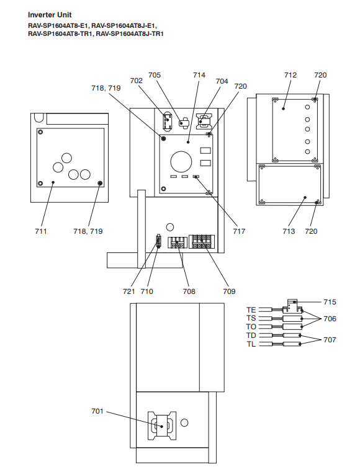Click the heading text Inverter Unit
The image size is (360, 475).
click(x=50, y=15)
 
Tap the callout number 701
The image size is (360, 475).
click(x=97, y=411)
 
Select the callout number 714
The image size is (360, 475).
click(x=199, y=75)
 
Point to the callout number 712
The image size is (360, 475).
click(x=290, y=75)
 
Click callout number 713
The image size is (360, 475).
click(x=289, y=231)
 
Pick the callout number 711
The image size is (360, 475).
click(x=41, y=231)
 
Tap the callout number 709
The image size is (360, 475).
click(x=229, y=291)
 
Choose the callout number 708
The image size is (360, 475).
click(x=189, y=291)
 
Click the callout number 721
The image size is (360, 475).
click(x=129, y=291)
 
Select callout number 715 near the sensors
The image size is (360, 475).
click(x=330, y=302)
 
